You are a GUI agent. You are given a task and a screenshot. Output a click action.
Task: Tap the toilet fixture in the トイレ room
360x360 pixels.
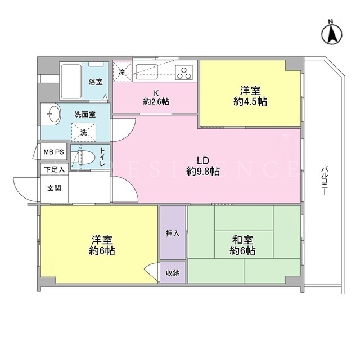87,157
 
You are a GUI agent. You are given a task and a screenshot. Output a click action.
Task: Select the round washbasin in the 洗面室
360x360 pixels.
54,114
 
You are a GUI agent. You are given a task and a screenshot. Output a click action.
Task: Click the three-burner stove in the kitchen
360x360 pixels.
184,73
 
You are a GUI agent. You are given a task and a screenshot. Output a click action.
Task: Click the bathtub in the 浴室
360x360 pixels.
71,81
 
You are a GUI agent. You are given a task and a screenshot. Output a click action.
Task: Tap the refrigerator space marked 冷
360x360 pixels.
122,71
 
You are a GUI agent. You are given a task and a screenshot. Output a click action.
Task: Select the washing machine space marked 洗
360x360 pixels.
84,132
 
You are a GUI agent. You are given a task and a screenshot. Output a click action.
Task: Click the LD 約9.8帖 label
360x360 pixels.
203,166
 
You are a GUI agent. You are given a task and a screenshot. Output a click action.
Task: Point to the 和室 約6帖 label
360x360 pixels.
242,245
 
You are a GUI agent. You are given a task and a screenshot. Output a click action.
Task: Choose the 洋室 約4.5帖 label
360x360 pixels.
250,96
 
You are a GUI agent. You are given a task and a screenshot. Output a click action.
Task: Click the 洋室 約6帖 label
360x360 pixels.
102,245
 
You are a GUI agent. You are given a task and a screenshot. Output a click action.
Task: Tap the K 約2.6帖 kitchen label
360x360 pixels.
156,97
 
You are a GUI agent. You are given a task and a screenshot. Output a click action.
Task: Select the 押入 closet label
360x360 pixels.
173,233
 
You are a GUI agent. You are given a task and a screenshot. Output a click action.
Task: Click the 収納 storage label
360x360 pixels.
173,273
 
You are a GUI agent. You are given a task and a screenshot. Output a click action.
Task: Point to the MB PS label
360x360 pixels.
54,152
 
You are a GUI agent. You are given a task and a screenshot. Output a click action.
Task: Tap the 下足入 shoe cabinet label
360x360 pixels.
55,170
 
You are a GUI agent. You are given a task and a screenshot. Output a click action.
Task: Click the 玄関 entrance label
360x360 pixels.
54,188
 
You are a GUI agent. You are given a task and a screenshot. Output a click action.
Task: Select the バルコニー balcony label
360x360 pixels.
324,181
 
